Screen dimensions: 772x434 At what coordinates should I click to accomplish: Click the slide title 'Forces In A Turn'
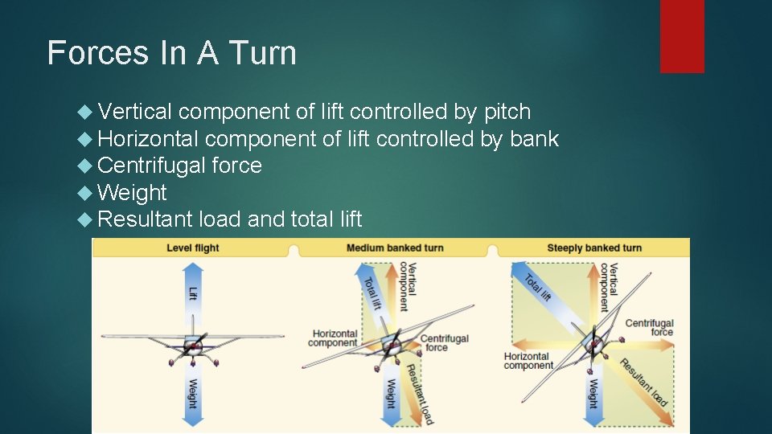pyautogui.click(x=172, y=53)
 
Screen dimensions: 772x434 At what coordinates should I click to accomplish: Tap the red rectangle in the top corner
pyautogui.click(x=682, y=35)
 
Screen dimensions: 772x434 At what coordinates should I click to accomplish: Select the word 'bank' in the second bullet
pyautogui.click(x=534, y=139)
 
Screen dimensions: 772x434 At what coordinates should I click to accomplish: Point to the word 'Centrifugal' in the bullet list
pyautogui.click(x=151, y=166)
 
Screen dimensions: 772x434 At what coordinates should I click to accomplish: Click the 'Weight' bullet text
pyautogui.click(x=132, y=193)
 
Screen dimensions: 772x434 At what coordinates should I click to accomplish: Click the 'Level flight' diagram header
pyautogui.click(x=193, y=248)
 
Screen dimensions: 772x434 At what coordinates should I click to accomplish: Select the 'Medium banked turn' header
pyautogui.click(x=395, y=248)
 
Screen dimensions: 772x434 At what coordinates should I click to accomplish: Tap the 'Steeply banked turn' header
pyautogui.click(x=594, y=248)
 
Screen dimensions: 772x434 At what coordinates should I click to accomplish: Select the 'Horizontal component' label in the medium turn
pyautogui.click(x=335, y=338)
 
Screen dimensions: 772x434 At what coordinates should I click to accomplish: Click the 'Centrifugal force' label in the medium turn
pyautogui.click(x=444, y=343)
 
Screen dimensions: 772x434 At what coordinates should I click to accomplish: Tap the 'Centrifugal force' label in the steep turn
pyautogui.click(x=649, y=327)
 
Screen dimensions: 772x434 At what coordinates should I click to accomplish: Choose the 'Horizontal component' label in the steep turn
pyautogui.click(x=528, y=361)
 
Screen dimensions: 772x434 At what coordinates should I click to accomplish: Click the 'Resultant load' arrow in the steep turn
pyautogui.click(x=643, y=383)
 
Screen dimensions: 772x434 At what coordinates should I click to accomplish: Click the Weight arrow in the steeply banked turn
pyautogui.click(x=593, y=391)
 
